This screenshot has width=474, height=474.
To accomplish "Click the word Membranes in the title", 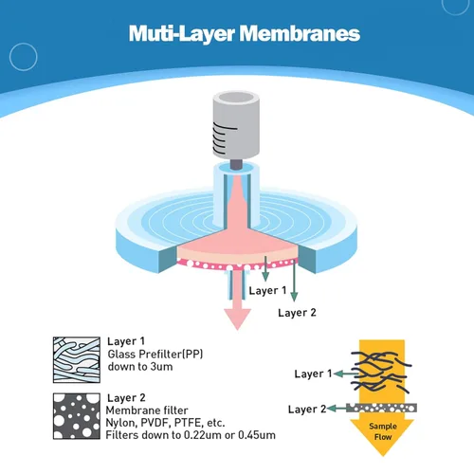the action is [300, 33].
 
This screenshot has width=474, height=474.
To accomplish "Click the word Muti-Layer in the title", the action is [182, 34].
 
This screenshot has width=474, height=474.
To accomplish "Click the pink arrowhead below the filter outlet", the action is [237, 319].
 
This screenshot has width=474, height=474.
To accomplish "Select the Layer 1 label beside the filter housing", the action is [267, 290].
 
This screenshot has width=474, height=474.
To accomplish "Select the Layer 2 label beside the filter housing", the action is [297, 313].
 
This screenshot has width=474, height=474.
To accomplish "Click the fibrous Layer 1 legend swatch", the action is [77, 360].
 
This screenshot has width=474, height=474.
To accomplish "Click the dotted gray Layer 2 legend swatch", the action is [77, 416].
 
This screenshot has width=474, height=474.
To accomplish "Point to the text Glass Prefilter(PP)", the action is [155, 355].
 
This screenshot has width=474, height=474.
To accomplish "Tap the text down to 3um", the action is [140, 367].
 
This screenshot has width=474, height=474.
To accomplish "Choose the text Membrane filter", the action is [147, 410].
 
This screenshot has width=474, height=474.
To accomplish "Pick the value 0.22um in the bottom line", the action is [203, 435].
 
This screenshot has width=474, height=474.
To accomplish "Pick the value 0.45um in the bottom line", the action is [257, 435].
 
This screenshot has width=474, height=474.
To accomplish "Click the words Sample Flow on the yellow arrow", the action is [383, 431].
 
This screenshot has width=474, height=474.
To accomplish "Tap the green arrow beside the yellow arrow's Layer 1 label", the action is [346, 374].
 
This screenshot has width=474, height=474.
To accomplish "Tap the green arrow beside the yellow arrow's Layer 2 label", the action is [337, 409].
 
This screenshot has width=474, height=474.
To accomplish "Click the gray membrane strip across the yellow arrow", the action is [381, 408].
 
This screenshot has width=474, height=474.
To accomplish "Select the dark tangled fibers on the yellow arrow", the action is [381, 373].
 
